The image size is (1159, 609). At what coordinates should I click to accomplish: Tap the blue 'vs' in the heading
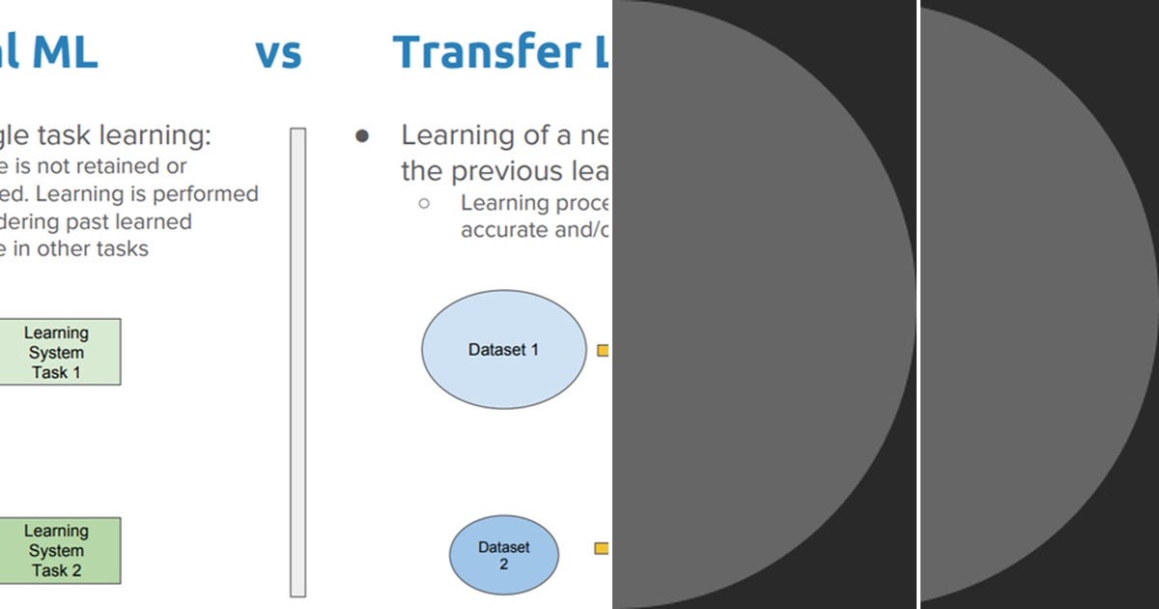point(278,52)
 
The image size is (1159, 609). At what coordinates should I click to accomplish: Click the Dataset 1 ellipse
point(503,350)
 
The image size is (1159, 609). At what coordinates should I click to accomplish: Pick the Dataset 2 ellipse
point(503,555)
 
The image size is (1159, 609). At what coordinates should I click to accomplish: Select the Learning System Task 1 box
point(58,352)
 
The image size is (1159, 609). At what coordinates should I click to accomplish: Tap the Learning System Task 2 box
point(58,550)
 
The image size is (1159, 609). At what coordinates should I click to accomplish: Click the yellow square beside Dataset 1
point(603,351)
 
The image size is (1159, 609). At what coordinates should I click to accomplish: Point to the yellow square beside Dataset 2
point(601,548)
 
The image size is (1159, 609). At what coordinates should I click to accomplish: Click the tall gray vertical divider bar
point(297,362)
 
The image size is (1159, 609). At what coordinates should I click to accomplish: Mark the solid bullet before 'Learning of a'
point(362,136)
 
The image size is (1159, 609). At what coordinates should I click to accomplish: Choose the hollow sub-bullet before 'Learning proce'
point(423,204)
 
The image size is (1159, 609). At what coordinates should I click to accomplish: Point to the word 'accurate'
point(499,230)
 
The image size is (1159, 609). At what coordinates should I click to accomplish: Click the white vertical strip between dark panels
point(918,304)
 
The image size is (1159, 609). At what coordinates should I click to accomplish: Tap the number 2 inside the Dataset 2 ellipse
point(503,564)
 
